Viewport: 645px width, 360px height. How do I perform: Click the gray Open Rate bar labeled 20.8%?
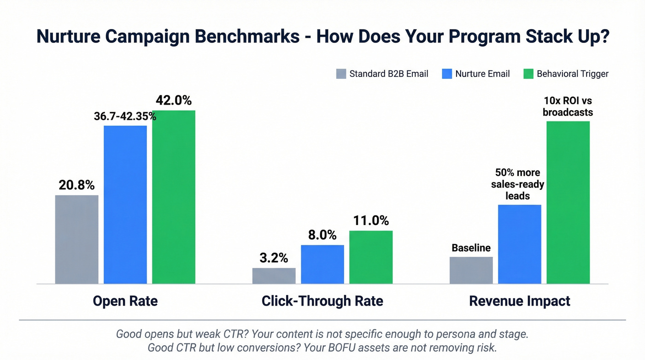(x=76, y=239)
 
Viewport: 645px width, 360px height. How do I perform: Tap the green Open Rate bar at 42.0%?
(x=174, y=197)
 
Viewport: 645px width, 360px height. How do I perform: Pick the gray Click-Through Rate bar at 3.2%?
(x=274, y=276)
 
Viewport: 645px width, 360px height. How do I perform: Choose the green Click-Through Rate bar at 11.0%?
(x=371, y=257)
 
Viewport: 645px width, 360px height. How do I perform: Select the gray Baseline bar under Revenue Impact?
(x=471, y=270)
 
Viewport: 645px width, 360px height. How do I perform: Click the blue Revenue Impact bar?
(x=520, y=244)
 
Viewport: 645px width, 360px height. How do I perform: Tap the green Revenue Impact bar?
(x=568, y=202)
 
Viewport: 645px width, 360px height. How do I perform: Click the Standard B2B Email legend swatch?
(x=341, y=74)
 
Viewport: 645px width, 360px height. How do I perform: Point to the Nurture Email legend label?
(x=482, y=74)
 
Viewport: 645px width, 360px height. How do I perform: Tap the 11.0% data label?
(x=371, y=221)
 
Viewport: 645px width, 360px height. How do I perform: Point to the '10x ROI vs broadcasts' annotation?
(x=568, y=106)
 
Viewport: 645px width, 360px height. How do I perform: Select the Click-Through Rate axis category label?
(x=322, y=301)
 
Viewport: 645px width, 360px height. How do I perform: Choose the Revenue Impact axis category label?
(x=519, y=301)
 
